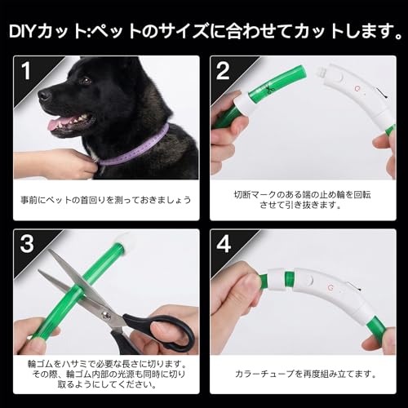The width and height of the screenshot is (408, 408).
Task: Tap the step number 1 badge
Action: (25, 70)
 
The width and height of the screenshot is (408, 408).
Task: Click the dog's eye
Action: (85, 82)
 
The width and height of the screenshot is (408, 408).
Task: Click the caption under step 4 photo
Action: (303, 373)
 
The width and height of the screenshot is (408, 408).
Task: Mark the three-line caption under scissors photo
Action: (107, 373)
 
